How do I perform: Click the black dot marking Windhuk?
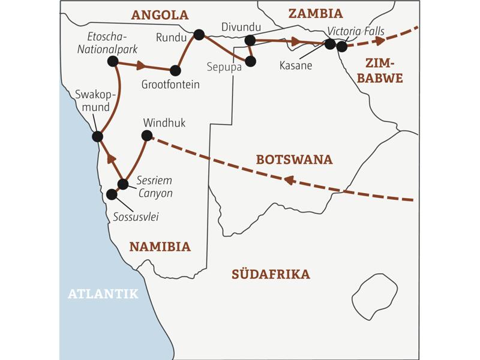(147, 136)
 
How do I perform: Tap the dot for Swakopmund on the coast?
(98, 137)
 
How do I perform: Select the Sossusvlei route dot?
(112, 194)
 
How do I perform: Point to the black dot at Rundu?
(199, 34)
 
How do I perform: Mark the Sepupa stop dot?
(251, 61)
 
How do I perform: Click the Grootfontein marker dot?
(175, 70)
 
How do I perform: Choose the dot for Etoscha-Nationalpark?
(112, 61)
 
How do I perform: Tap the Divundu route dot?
(250, 40)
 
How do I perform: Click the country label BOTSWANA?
(294, 160)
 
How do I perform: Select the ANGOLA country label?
(160, 15)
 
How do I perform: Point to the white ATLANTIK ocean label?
(103, 294)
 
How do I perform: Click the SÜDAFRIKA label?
(271, 275)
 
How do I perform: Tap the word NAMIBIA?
(160, 247)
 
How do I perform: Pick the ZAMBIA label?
(315, 14)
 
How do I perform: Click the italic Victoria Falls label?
(356, 31)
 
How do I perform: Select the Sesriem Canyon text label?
(154, 187)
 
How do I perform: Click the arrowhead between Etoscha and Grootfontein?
(141, 65)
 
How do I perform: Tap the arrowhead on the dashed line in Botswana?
(289, 179)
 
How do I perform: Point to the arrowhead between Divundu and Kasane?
(295, 41)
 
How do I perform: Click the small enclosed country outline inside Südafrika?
(374, 297)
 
